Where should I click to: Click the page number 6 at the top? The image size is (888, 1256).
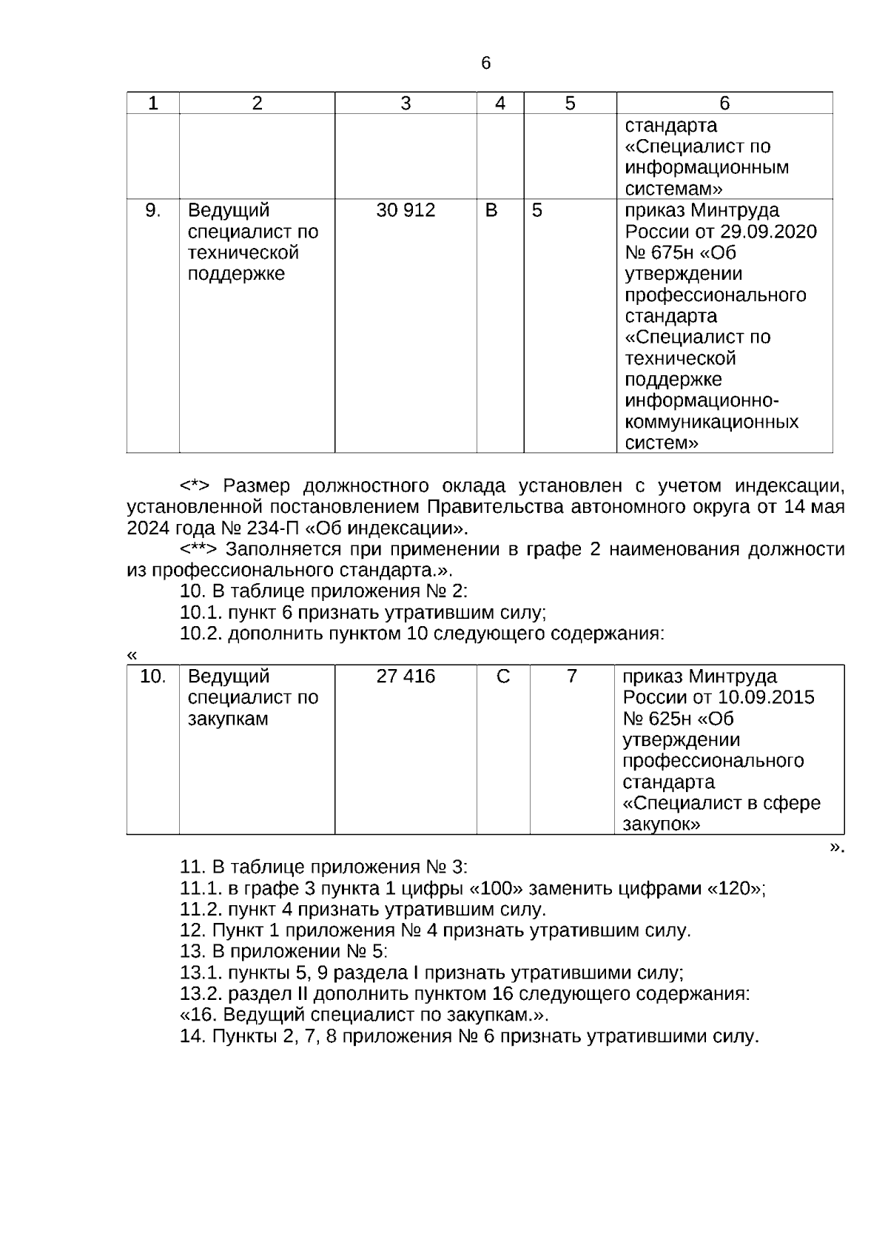tap(485, 64)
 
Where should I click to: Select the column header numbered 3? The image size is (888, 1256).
tap(406, 104)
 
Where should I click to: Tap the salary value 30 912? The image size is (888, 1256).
tap(406, 211)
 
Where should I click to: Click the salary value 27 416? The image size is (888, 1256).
tap(406, 676)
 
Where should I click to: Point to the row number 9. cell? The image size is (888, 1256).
tap(152, 211)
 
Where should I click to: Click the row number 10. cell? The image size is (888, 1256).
tap(153, 676)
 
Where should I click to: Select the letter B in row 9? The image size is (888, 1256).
tap(491, 211)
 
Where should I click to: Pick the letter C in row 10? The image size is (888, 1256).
tap(503, 676)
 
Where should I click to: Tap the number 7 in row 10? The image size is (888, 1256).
tap(571, 676)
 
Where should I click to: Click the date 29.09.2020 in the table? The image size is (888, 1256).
tap(770, 232)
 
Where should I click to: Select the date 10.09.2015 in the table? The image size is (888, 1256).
tap(767, 698)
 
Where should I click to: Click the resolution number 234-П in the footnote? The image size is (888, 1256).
tap(263, 529)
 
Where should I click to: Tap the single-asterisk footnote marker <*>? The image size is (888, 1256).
tap(195, 486)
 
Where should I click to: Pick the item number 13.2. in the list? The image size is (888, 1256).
tap(201, 994)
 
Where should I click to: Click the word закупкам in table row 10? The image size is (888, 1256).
tap(228, 719)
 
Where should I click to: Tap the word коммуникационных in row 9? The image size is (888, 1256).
tap(712, 423)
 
